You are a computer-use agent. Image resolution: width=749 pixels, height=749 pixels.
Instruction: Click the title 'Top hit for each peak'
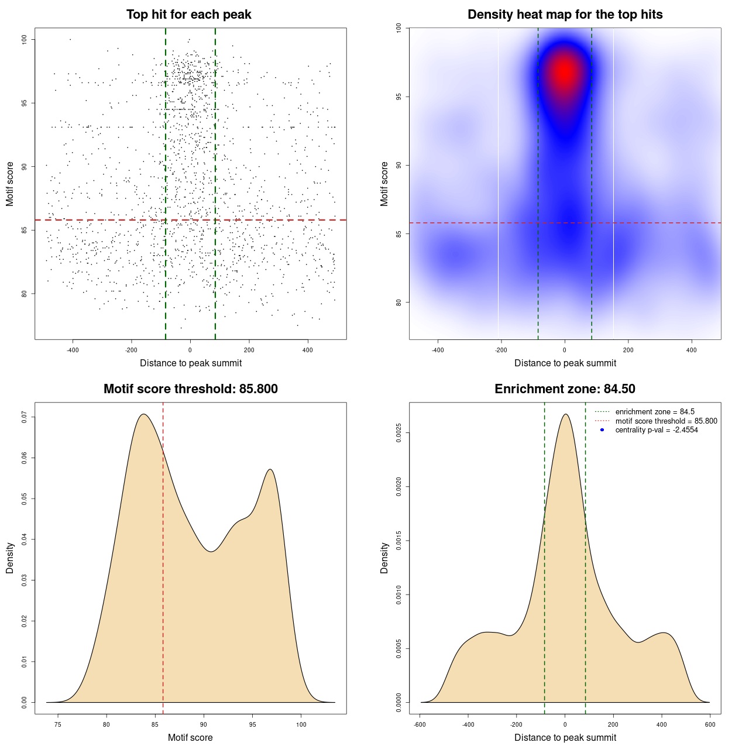(x=188, y=15)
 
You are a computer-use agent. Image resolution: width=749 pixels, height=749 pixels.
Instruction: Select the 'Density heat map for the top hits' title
(x=565, y=15)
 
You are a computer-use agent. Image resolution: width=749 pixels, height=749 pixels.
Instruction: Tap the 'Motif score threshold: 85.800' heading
(x=190, y=389)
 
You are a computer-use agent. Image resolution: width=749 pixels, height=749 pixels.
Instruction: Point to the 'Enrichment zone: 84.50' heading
(x=565, y=389)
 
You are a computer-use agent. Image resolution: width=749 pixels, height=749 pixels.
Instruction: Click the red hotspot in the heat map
(x=564, y=71)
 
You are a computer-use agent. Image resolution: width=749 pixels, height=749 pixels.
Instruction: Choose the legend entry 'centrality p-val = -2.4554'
(x=657, y=430)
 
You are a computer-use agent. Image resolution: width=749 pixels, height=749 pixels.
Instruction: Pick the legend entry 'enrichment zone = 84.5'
(x=655, y=412)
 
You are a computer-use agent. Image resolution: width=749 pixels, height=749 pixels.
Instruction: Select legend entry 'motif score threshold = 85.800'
(x=666, y=421)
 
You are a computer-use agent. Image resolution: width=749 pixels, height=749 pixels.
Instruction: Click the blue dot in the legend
(x=602, y=430)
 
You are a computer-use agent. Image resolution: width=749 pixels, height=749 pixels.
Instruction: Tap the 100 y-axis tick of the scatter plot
(x=25, y=39)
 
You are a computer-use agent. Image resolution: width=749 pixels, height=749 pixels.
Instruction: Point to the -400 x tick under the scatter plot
(x=73, y=350)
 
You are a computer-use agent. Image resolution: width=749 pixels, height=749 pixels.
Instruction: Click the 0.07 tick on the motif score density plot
(x=25, y=417)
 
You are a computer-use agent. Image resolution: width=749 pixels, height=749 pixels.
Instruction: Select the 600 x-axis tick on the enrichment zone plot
(x=710, y=724)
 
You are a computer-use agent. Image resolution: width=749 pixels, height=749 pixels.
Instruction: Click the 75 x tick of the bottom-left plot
(x=57, y=724)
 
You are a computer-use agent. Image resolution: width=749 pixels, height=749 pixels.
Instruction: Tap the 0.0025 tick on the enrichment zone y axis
(x=399, y=433)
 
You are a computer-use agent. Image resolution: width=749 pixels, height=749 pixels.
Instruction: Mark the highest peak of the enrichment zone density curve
(x=565, y=414)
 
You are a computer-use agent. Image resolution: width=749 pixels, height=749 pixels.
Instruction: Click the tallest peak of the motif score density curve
(x=143, y=414)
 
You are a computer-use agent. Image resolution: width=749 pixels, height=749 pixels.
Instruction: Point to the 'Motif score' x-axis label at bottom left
(x=190, y=737)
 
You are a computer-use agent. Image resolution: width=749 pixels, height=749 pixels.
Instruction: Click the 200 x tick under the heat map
(x=628, y=350)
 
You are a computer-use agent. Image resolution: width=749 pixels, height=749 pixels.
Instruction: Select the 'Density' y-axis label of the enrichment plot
(x=384, y=558)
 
